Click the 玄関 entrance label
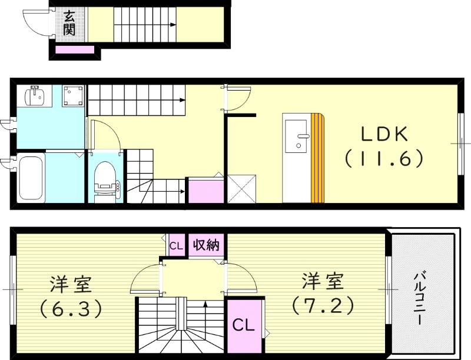[69, 23]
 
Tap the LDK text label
[384, 134]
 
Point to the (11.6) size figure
[384, 158]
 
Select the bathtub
[31, 177]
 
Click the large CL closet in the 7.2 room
[243, 325]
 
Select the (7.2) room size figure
[323, 305]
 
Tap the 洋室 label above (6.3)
[70, 284]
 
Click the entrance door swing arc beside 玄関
[34, 22]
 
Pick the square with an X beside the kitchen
[241, 188]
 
